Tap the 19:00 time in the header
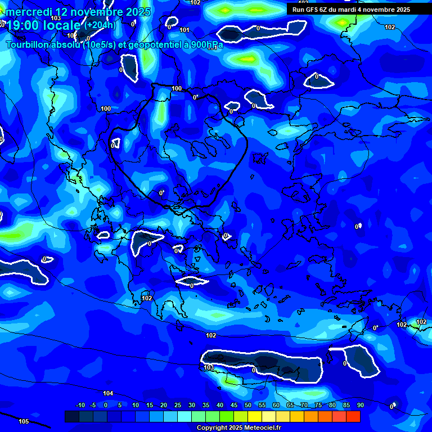point(22,25)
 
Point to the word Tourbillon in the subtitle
point(28,45)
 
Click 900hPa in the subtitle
point(206,45)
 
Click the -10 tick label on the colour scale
point(80,406)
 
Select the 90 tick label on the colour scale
point(360,406)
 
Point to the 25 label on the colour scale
point(178,406)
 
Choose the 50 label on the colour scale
point(248,406)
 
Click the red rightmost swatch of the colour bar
point(353,417)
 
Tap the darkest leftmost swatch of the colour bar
point(72,417)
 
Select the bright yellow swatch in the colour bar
point(255,417)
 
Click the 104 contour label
point(108,393)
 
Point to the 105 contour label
point(24,421)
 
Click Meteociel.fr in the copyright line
point(263,428)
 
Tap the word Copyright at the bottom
point(213,428)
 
